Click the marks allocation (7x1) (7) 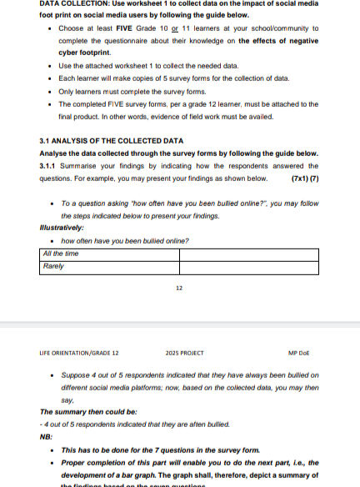[x=304, y=178]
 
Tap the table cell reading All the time [x=60, y=254]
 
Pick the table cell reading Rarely [x=53, y=266]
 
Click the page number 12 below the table [x=179, y=289]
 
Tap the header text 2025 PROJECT [x=184, y=353]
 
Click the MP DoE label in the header [x=297, y=353]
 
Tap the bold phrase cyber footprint [x=84, y=53]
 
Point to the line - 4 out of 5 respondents [x=134, y=424]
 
